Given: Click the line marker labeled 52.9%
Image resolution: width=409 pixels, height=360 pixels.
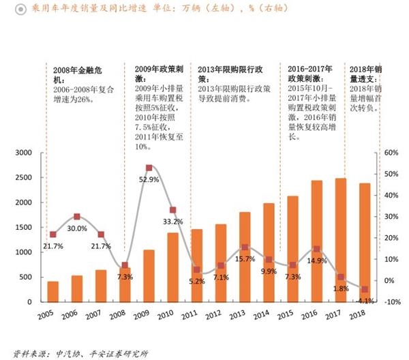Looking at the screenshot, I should (149, 168).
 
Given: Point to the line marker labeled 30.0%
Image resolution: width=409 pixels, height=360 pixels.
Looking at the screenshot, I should (77, 216).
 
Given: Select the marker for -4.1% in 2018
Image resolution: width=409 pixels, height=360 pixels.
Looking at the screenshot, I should (365, 289).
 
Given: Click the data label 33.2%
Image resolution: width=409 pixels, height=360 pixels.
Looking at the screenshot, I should (173, 222).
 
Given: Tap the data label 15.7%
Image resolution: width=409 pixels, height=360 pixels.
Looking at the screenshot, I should (245, 259).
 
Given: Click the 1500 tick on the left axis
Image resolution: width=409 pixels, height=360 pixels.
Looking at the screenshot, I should (23, 228).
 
